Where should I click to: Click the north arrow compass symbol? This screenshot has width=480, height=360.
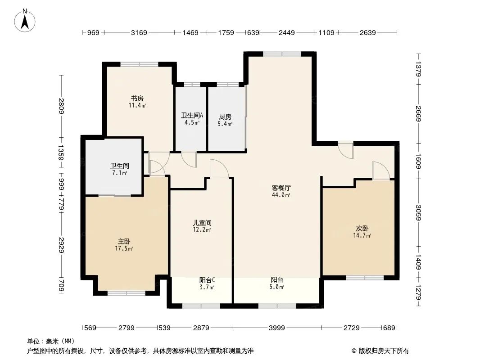point(25,20)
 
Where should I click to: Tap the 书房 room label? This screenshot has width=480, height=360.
point(137,99)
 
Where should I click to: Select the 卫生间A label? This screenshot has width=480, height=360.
point(192,115)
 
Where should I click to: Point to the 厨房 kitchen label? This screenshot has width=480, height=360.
point(225,117)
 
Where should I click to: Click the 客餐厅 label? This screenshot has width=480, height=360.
point(281,188)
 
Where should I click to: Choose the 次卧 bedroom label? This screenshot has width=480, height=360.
point(362,229)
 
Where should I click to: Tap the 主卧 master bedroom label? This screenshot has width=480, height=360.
point(124,242)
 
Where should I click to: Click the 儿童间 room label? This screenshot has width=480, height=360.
point(202,223)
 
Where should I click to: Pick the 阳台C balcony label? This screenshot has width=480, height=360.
point(207,280)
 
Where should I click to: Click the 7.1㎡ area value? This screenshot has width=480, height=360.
point(119,173)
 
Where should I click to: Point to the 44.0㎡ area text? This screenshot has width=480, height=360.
point(281,195)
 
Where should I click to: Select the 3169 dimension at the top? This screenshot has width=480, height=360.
point(139,32)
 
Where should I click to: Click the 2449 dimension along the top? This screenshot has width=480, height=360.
point(286,32)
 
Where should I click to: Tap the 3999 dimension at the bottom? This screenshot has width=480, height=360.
point(277,328)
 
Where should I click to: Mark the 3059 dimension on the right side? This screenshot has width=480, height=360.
point(418,212)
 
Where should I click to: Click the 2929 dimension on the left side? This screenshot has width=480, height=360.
point(61,245)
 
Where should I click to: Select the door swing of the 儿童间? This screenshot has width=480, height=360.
point(219,169)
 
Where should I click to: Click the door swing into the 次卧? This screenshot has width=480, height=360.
point(381,171)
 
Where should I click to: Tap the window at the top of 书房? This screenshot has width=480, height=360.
point(139,64)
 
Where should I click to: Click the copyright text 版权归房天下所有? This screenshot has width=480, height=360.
point(384,351)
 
